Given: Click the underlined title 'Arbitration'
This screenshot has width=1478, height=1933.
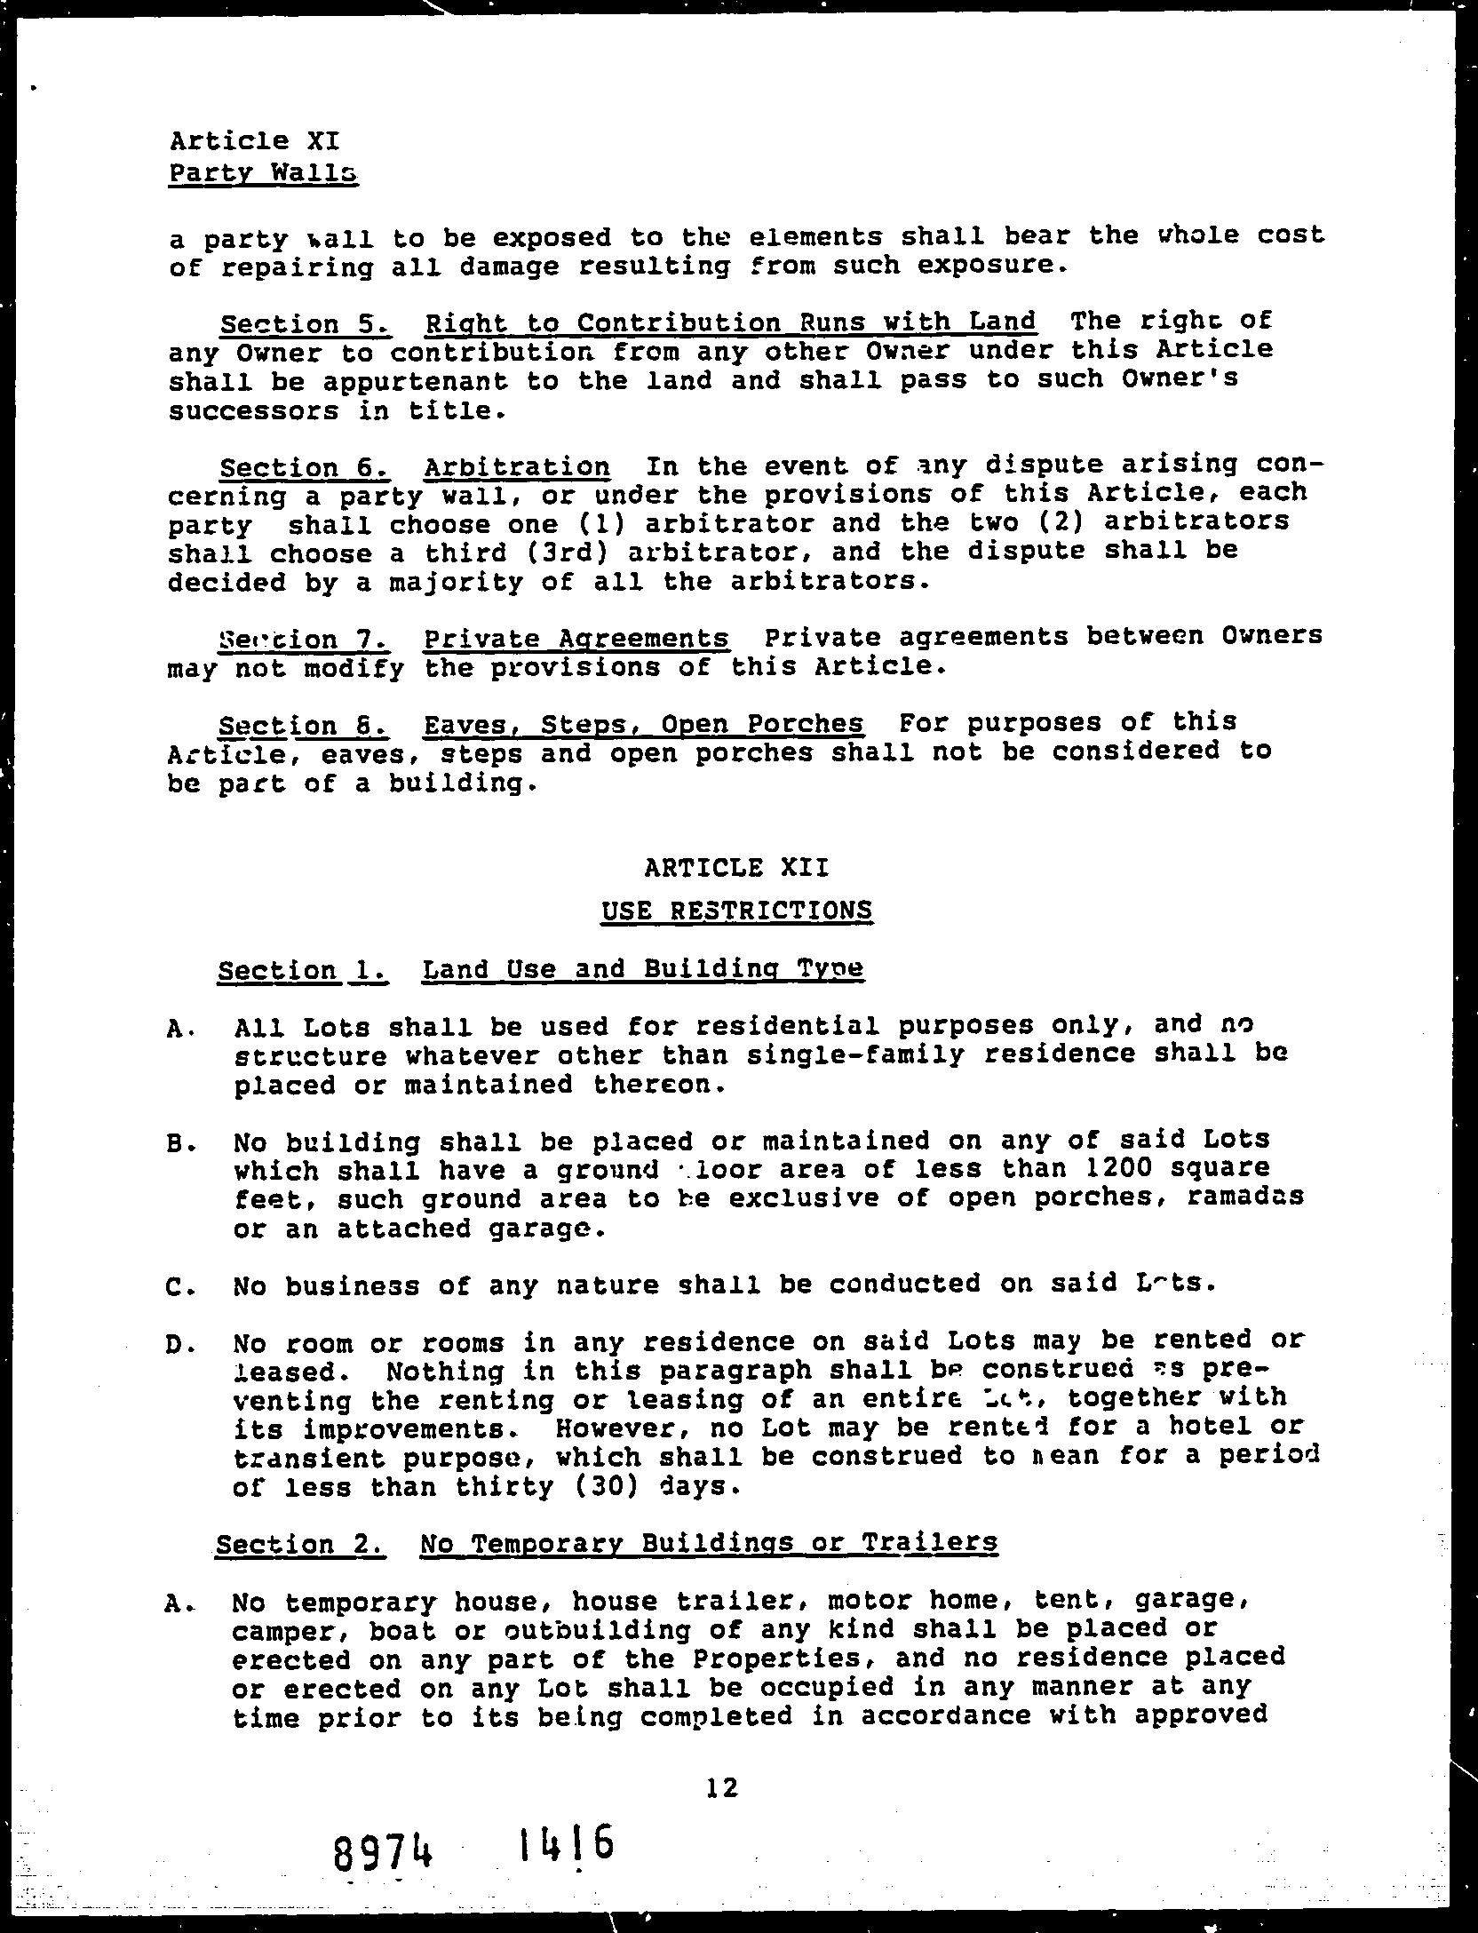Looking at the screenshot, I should pos(517,467).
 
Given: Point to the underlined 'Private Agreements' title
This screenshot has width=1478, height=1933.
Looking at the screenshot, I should pos(576,639).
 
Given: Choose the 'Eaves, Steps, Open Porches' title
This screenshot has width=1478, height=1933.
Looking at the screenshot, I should pos(643,724).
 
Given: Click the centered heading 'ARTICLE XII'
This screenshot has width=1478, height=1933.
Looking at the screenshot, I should pos(736,867).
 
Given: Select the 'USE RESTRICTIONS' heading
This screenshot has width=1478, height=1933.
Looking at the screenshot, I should pos(736,911).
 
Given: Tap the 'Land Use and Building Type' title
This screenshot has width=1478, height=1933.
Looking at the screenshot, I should pos(642,968).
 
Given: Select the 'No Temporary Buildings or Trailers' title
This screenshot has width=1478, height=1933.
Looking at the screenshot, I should pos(709,1543).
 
